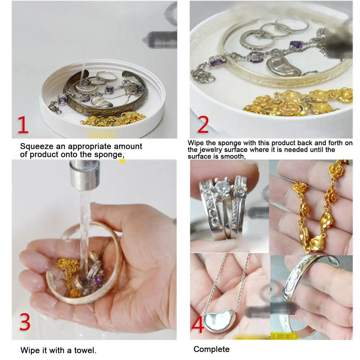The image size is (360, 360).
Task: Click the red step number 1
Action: (x=23, y=125)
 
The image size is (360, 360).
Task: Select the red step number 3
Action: (x=25, y=322)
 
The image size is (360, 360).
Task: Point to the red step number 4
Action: (x=198, y=324)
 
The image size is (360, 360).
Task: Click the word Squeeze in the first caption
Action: (x=37, y=147)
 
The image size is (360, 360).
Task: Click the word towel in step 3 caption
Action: (x=85, y=351)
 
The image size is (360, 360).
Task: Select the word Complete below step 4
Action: (x=211, y=349)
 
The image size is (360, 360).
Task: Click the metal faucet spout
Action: (x=85, y=175)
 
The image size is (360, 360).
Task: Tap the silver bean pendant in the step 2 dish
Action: (x=283, y=66)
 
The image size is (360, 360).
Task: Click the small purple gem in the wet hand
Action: (x=98, y=279)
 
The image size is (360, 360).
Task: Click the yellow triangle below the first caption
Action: (x=122, y=161)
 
